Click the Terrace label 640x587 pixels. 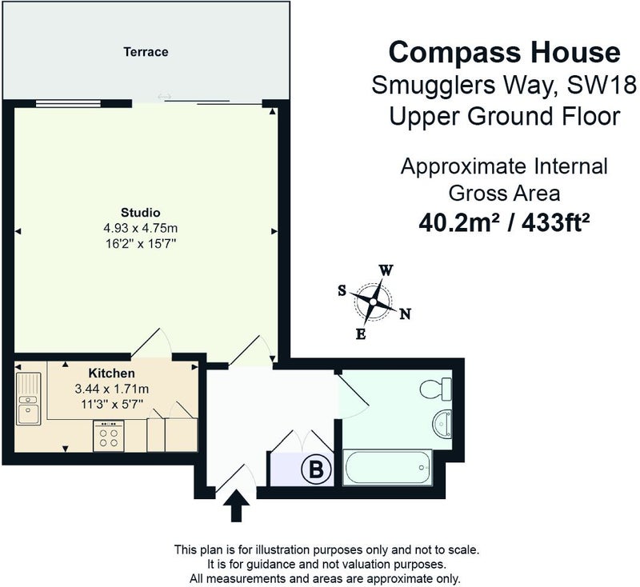146,52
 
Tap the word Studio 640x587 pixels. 141,213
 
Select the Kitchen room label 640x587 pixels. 111,373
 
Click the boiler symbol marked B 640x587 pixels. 316,469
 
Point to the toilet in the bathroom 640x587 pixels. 435,389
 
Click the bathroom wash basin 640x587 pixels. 442,424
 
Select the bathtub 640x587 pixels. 387,468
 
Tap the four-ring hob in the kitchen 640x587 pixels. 109,436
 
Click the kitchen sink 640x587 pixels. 28,398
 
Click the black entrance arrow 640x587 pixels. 234,506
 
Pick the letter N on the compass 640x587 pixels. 405,313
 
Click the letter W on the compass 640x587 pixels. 386,270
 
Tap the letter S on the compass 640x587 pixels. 342,290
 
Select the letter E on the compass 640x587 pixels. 361,334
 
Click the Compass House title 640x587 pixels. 505,52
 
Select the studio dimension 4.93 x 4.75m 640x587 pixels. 141,228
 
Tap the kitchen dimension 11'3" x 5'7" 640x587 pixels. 112,405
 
